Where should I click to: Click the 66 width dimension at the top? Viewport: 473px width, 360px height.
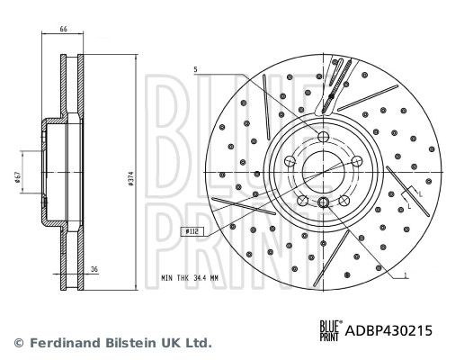coord(64,30)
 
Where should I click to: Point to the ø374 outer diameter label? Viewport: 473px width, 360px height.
coord(130,179)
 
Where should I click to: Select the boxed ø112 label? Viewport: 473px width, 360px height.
coord(192,231)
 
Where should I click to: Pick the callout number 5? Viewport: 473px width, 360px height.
coord(193,69)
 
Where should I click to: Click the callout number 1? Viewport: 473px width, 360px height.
coord(406,274)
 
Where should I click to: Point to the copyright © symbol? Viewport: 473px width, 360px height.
coord(17,343)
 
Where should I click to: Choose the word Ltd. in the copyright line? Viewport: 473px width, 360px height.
coord(198,343)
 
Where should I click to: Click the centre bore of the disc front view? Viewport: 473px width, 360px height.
coord(322,171)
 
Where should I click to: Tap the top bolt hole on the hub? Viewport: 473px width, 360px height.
coord(322,137)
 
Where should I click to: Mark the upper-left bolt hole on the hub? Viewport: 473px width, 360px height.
coord(290,160)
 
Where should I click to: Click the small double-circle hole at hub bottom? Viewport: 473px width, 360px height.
coord(322,202)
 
